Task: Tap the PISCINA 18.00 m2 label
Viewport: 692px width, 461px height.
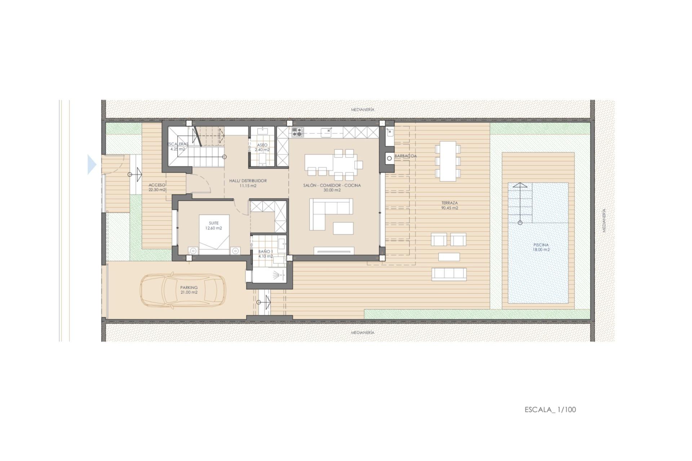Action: point(541,247)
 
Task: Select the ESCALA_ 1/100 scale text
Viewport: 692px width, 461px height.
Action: point(550,409)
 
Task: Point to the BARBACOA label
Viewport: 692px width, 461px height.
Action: point(405,156)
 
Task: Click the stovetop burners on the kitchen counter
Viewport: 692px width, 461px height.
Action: point(297,132)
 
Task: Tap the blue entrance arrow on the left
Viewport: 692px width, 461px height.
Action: point(92,165)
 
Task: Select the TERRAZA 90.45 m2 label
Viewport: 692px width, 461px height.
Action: point(449,205)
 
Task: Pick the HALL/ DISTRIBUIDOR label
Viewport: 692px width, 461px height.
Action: point(248,183)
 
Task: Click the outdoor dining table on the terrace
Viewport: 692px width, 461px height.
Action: point(448,161)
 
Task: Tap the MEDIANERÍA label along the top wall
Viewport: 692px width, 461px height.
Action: point(363,110)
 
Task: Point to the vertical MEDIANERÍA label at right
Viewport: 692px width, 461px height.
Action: point(604,220)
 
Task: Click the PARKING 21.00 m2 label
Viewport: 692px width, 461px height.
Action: point(189,290)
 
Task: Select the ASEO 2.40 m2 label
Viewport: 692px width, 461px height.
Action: point(262,147)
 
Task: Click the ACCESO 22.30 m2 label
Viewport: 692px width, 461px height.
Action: point(157,187)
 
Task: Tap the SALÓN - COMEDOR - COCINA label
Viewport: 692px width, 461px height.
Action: point(332,187)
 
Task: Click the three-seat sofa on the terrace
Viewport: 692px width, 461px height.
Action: point(449,274)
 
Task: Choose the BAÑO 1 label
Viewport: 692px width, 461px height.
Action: point(265,254)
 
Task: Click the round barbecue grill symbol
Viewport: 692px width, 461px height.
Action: point(389,158)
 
